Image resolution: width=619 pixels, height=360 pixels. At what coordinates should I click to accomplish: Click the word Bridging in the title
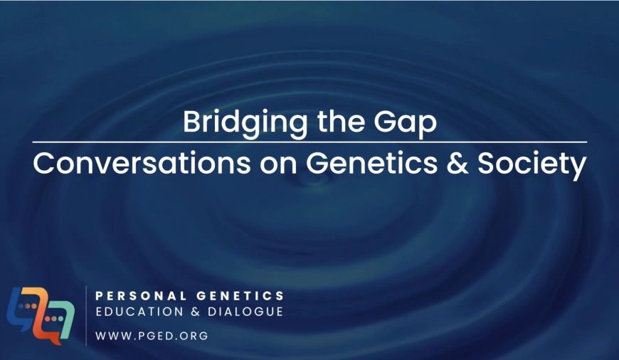(245, 124)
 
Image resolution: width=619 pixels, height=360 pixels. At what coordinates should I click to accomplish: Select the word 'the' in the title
(341, 121)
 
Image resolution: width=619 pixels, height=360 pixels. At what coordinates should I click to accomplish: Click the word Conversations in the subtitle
(142, 163)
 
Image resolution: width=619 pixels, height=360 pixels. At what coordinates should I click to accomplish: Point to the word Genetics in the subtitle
(372, 163)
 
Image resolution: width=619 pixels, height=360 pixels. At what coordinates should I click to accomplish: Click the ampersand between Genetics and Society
(457, 164)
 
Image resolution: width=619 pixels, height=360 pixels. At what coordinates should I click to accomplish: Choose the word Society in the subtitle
(531, 166)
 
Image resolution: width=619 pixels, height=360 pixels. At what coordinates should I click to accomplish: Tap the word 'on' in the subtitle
(278, 166)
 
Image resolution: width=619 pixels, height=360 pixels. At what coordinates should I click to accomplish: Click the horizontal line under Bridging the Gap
(309, 142)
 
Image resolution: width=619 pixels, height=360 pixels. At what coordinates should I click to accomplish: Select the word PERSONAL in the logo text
(141, 296)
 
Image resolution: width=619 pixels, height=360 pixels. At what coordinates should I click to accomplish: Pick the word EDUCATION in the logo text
(139, 312)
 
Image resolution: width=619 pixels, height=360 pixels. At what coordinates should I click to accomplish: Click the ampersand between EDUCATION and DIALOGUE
(196, 312)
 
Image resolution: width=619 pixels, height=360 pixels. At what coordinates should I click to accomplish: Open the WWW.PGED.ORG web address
(152, 336)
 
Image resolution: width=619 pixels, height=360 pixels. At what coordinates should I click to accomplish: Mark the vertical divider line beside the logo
(86, 316)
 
